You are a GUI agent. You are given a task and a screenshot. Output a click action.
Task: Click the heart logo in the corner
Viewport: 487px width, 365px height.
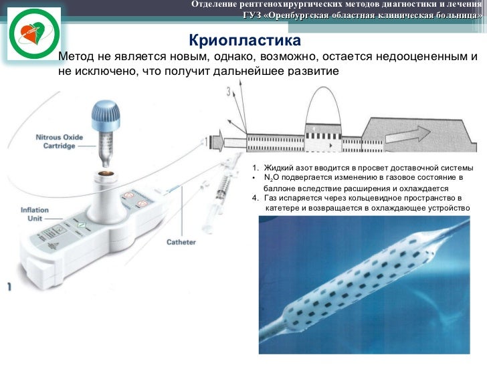coord(32,35)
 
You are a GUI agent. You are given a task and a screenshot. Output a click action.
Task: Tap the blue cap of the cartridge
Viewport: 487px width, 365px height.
coord(105,111)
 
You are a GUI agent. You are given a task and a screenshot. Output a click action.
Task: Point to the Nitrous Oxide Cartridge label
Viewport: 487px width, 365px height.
coord(60,142)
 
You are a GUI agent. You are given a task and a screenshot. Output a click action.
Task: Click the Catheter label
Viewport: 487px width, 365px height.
coord(181,242)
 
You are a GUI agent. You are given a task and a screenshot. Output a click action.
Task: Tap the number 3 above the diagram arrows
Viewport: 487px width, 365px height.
coord(229,90)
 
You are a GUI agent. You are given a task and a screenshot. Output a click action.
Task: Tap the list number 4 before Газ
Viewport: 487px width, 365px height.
coord(254,199)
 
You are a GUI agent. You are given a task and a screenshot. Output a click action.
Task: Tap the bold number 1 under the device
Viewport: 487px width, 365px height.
coord(9,287)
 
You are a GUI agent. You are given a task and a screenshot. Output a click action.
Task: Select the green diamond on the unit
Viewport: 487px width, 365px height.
coord(82,226)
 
